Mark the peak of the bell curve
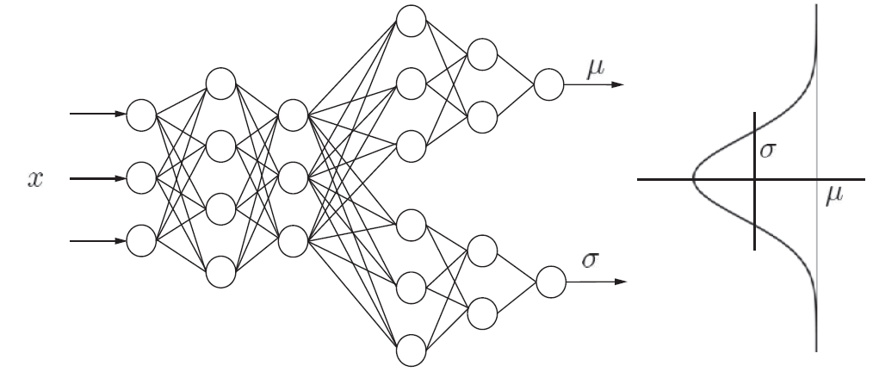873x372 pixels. [x=694, y=179]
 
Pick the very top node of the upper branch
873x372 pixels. [x=410, y=21]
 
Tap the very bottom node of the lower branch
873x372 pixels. [x=410, y=350]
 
